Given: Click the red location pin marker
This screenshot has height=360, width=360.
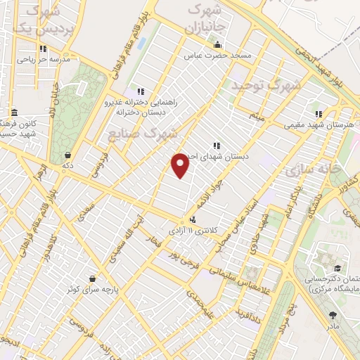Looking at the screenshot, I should coord(181,165).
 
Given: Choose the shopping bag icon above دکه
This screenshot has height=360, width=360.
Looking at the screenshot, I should coord(67,155).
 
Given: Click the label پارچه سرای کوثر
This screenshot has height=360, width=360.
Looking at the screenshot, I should coord(89,289).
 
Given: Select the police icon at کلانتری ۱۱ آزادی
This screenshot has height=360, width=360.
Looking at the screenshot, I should coord(193,219).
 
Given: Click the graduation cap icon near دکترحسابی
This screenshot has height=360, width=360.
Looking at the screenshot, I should coord(337,269).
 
